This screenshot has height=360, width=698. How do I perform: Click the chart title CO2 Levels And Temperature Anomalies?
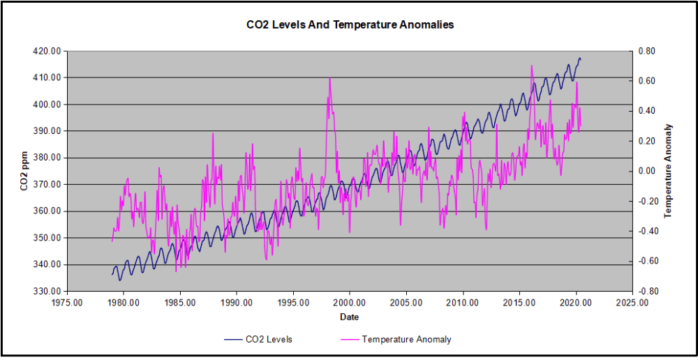pos(350,25)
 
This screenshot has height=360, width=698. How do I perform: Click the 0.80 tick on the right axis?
pos(646,51)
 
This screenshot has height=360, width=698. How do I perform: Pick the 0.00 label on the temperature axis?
pos(646,171)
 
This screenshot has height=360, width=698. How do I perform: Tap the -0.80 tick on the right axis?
pos(644,291)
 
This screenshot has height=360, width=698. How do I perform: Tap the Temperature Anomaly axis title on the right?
pos(668,171)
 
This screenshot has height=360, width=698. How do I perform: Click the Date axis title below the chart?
pos(350,317)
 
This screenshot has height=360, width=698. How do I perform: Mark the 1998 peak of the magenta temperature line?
pos(329,77)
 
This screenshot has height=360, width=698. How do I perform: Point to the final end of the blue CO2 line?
pos(581,59)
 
